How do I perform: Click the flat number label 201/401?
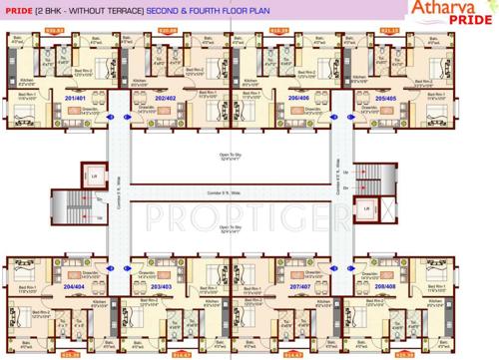pos(75,99)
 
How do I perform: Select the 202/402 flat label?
pos(165,99)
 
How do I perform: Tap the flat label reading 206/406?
pos(297,99)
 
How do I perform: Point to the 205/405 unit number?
pos(386,99)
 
